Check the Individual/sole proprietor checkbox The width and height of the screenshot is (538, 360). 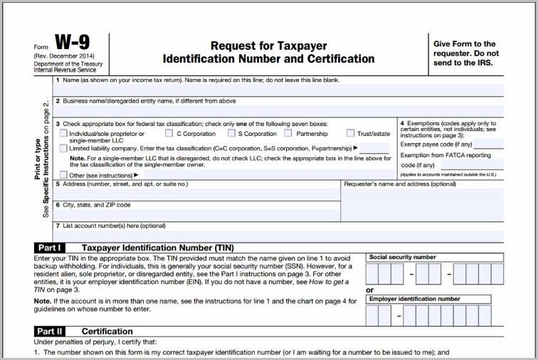coord(64,134)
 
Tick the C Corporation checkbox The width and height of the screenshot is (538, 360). coord(169,133)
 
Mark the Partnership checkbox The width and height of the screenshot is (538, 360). coord(288,133)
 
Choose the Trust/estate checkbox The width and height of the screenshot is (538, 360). coord(350,133)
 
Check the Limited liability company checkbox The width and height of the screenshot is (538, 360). coord(64,148)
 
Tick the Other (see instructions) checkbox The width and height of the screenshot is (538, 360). coord(64,174)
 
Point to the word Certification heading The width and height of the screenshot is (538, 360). coord(107,332)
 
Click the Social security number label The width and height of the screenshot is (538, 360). coord(402,257)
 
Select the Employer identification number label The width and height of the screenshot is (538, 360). coord(414,300)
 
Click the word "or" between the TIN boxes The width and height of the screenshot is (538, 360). coord(369,290)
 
